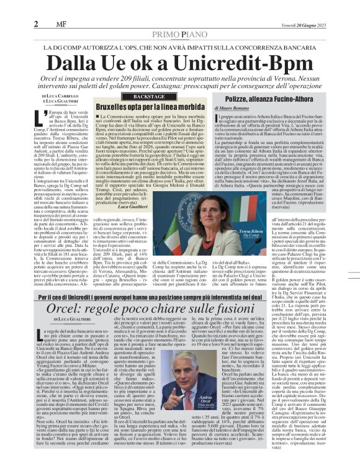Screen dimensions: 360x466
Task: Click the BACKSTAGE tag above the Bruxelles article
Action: [141, 97]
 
